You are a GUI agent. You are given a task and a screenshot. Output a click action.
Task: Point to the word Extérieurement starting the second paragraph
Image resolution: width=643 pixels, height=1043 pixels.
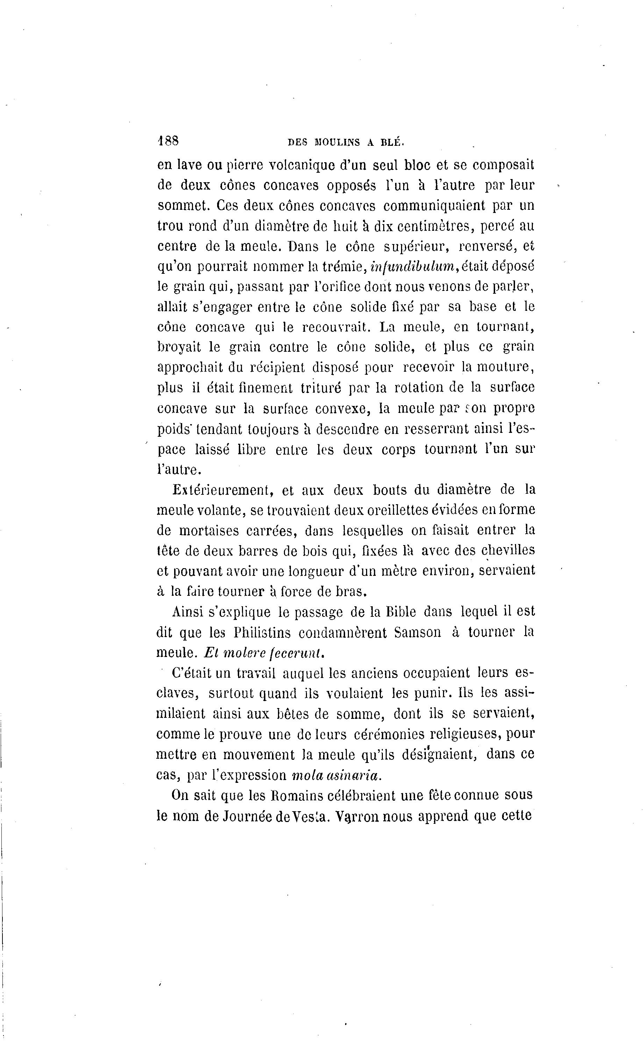click(222, 490)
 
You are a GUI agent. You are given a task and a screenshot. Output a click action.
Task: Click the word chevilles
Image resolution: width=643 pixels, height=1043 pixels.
click(508, 551)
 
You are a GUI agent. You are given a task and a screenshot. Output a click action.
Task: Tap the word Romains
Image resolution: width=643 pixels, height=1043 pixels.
click(299, 795)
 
